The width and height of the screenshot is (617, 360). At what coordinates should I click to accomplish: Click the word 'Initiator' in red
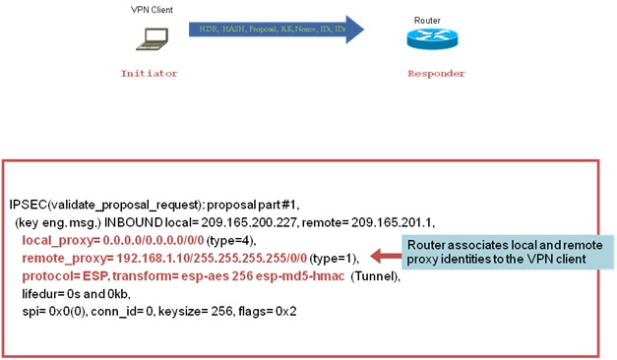click(148, 74)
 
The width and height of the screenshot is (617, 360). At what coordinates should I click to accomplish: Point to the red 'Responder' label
click(436, 74)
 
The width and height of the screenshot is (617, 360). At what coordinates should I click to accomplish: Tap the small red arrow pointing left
click(384, 255)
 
